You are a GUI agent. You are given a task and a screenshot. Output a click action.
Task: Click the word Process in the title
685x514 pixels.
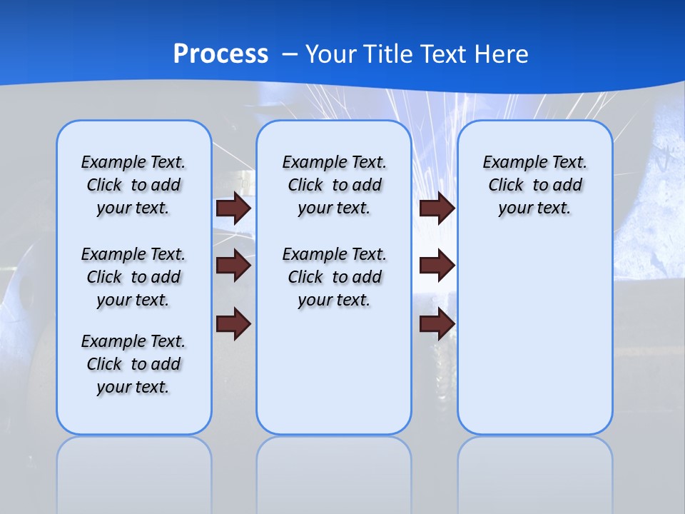coord(220,54)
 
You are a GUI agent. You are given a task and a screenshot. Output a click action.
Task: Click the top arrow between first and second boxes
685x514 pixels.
coord(233,208)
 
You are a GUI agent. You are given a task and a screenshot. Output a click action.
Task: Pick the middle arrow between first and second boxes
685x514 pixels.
coord(233,266)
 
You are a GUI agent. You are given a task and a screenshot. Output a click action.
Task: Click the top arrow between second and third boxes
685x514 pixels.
coord(437,208)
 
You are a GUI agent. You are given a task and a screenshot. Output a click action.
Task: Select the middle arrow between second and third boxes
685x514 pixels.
coord(437,266)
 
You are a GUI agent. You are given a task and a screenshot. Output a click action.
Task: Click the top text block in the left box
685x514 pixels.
coord(133,185)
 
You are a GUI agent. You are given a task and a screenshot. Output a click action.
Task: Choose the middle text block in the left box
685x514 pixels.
coord(133,277)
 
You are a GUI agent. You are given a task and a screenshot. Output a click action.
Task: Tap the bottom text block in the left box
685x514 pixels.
coord(133,364)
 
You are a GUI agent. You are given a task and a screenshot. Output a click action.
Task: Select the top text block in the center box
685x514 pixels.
coord(334,185)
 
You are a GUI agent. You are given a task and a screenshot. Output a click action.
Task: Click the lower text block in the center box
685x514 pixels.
coord(334,277)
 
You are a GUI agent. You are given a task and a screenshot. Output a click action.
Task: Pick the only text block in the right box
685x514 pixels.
coord(535,185)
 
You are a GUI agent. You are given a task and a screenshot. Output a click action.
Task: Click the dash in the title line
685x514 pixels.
coord(290,55)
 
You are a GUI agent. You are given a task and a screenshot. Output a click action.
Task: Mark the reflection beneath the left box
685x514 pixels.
coord(134,471)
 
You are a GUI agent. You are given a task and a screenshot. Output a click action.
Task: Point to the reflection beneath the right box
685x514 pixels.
coord(535,471)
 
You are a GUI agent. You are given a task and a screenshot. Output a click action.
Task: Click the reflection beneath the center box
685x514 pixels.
coord(334,471)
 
